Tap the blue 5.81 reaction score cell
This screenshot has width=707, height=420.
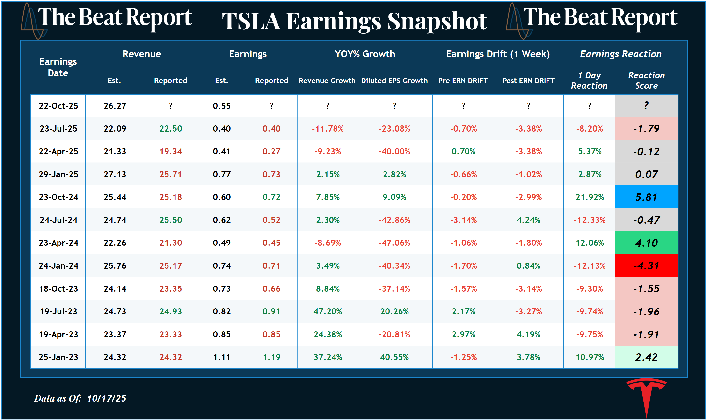646,197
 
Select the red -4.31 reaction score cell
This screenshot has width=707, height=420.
646,265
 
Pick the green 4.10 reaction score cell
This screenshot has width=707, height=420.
646,243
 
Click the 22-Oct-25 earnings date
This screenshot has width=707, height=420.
58,106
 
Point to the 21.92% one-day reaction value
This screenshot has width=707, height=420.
590,197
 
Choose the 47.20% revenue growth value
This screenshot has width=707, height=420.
328,311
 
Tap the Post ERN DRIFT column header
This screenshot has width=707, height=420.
528,81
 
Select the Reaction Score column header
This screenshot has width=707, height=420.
646,80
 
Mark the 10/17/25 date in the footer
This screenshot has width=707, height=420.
106,398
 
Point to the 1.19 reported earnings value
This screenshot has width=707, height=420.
271,357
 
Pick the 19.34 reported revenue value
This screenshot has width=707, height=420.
171,151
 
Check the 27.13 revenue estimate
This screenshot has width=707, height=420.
115,174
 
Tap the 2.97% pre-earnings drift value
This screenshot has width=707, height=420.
463,334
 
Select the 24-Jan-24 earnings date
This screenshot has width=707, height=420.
58,266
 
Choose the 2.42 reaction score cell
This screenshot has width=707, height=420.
646,357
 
